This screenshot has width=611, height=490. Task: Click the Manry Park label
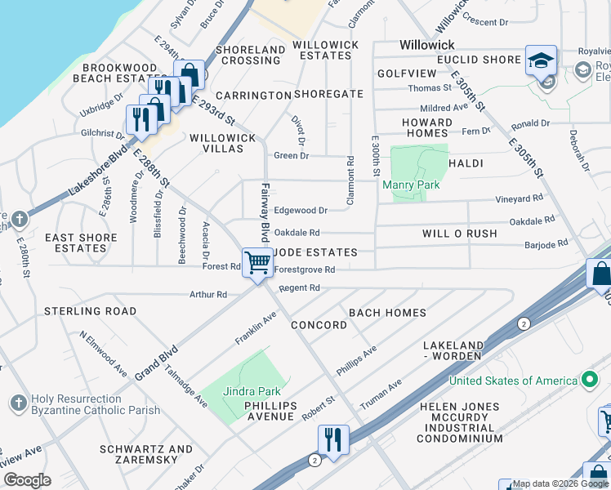click(x=412, y=185)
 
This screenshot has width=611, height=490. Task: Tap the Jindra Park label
click(x=252, y=392)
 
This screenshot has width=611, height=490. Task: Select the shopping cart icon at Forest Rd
click(x=258, y=264)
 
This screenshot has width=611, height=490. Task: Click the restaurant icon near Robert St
click(x=333, y=439)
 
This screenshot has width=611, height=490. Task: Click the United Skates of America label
click(x=513, y=381)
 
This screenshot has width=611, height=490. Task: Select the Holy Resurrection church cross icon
click(x=19, y=403)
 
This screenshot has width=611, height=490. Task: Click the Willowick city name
click(x=427, y=45)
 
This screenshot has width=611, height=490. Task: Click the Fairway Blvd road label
click(x=265, y=211)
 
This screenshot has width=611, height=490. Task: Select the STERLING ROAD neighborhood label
click(x=90, y=311)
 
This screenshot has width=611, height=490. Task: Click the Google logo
click(x=27, y=480)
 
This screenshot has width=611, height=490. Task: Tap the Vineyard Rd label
click(x=520, y=198)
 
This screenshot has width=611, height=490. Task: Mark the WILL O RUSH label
click(x=460, y=234)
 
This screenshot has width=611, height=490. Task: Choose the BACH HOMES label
click(x=387, y=313)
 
